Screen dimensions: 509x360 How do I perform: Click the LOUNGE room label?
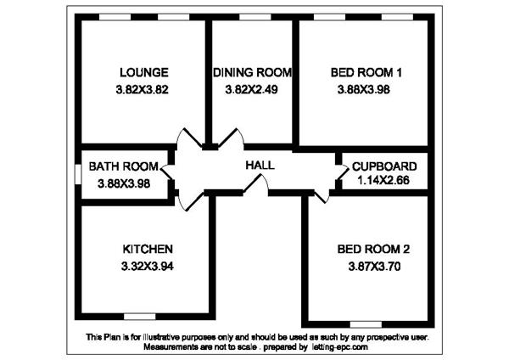coord(144,72)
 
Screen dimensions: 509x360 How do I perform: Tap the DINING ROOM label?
coord(253,72)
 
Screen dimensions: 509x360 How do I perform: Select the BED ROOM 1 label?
coord(366,72)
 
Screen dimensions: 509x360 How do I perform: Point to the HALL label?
coord(260,165)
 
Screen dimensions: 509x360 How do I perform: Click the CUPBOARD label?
coord(384,166)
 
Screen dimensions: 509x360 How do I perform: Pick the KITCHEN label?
coord(148,250)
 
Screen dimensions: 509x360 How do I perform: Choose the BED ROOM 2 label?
coord(373,250)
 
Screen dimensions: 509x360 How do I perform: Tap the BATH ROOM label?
coord(124,166)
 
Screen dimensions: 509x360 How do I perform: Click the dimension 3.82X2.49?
coord(252,89)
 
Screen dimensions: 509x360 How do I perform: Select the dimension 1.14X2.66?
coord(383,180)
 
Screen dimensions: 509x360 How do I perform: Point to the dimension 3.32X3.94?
coord(148,267)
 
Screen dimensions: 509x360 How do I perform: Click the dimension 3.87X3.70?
coord(374,267)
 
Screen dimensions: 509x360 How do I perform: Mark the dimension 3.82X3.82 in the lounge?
coord(143,89)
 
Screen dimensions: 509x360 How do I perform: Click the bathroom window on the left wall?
coord(78,174)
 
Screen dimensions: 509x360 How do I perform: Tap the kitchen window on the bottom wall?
coord(140,317)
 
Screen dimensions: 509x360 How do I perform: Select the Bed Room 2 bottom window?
coord(366,324)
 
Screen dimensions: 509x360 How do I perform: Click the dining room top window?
coord(255,17)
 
